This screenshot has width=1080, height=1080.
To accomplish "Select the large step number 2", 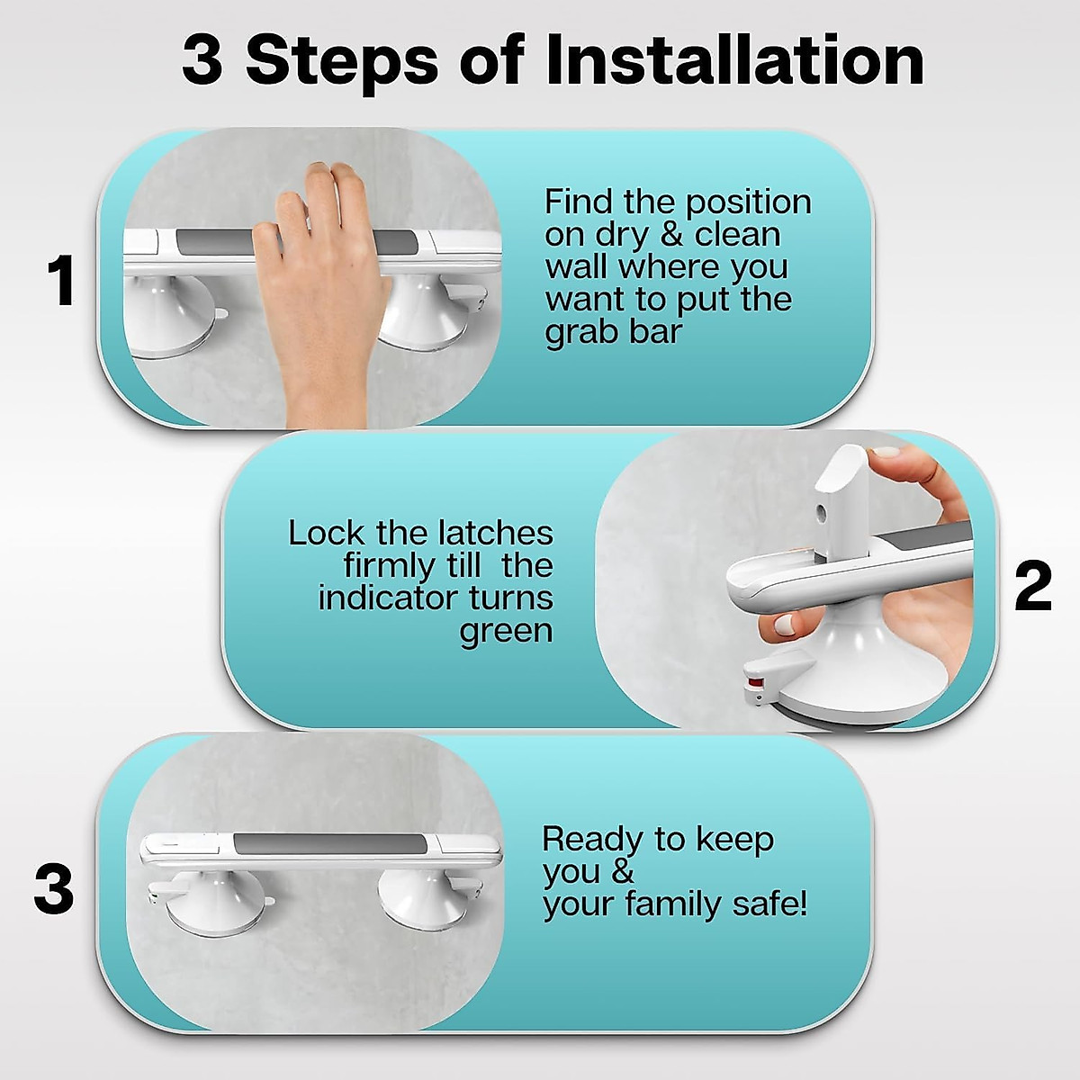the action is [1033, 585].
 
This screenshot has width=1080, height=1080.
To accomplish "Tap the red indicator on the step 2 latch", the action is [756, 683].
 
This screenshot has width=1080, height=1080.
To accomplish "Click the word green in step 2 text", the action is [506, 632].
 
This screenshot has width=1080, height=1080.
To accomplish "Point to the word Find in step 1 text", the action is [579, 202].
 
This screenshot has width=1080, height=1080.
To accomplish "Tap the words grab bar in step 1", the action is [613, 333].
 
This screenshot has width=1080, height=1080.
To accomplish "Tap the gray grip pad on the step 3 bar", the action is [329, 844].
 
